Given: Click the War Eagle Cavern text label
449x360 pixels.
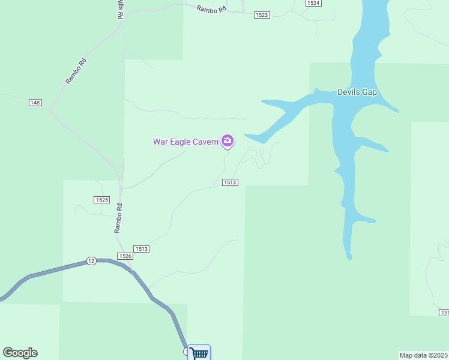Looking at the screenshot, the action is click(x=185, y=142).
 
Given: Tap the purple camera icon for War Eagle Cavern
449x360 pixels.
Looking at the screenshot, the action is click(x=228, y=141).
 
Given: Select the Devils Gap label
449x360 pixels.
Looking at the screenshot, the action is click(x=357, y=92).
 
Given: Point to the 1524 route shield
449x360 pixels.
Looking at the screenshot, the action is click(x=313, y=3).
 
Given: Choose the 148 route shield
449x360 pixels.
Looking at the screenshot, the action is click(x=35, y=103).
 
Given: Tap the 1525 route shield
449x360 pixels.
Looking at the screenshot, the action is click(x=101, y=199).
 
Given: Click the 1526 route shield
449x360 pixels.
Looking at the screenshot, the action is click(x=125, y=256).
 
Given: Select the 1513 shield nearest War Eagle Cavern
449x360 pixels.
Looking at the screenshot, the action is click(x=231, y=182).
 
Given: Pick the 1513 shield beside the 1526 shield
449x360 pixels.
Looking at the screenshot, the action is click(x=142, y=248).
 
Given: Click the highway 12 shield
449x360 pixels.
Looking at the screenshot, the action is click(x=91, y=260).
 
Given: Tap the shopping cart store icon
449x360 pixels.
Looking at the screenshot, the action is click(x=199, y=353).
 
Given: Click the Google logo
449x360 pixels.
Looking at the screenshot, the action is click(x=20, y=353).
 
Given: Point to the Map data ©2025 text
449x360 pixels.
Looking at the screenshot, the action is click(x=423, y=355).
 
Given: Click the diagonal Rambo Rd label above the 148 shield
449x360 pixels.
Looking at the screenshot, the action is click(x=76, y=71).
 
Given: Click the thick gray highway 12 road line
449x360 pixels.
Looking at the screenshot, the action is click(x=54, y=269).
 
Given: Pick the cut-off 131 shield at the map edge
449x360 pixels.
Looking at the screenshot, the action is click(x=444, y=313).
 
